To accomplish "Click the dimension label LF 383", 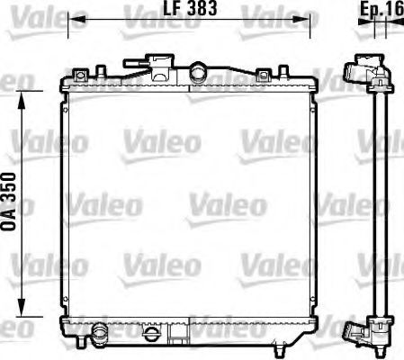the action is point(190,8).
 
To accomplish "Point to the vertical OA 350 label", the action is point(8,202).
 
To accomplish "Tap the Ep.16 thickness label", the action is point(382,9).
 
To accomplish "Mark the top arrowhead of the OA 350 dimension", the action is point(22,100).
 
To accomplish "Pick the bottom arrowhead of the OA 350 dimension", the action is point(22,307).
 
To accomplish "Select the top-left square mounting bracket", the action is point(81,75).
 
